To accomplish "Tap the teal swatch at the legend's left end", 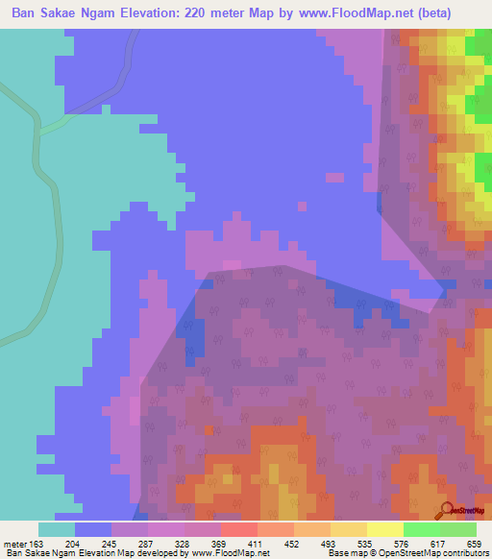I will click(57, 529).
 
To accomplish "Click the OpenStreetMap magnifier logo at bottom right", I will click(449, 510).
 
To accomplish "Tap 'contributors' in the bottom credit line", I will click(465, 553).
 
